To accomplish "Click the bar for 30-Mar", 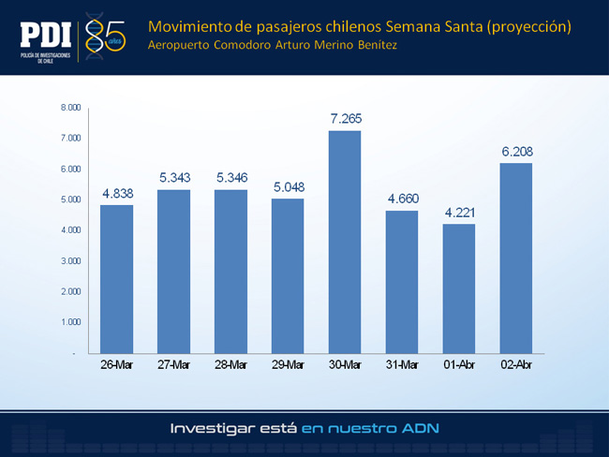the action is [345, 242].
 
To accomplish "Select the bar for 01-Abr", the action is [459, 288].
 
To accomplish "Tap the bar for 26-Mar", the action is [116, 279].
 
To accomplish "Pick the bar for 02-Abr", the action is [516, 258].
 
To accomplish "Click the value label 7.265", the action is [346, 118].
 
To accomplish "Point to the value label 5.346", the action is [231, 177].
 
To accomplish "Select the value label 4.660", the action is [403, 199].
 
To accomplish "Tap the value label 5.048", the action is [289, 187].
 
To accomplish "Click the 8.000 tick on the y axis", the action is [70, 108].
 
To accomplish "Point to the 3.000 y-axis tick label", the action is [70, 261].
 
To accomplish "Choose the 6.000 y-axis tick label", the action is [70, 169].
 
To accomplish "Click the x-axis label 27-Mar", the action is [173, 364].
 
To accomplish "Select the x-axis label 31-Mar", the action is [402, 364].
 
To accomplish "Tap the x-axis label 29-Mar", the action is [288, 364].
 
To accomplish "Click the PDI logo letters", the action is [46, 35].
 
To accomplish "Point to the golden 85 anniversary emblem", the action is [105, 37].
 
